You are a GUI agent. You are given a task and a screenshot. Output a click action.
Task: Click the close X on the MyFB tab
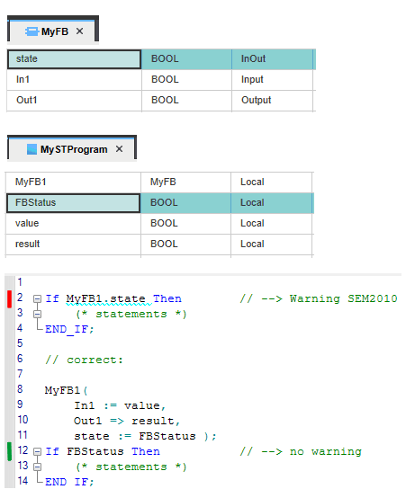79,31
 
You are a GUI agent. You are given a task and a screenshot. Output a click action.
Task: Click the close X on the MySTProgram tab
119,148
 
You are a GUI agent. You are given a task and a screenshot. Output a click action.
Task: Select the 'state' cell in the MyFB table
74,59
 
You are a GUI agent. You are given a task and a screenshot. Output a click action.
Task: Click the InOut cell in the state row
272,59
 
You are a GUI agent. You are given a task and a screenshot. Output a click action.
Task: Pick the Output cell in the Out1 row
272,101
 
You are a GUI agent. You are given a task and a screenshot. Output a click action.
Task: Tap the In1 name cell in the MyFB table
74,79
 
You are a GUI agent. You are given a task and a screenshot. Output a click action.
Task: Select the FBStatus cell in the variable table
73,203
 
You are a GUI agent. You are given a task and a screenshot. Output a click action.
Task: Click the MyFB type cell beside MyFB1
185,182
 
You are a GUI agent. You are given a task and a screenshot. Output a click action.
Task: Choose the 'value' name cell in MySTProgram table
73,223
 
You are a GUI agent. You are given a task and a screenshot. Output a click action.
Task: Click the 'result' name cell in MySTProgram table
73,244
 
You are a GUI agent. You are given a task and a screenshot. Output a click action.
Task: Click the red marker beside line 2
10,299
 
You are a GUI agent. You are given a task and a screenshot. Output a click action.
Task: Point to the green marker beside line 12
10,451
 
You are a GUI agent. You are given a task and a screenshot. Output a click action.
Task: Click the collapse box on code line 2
37,298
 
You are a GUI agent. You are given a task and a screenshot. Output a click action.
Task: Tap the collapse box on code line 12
37,451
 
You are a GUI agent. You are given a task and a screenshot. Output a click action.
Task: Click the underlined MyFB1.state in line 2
105,298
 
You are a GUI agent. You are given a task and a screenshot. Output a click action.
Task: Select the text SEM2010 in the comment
373,298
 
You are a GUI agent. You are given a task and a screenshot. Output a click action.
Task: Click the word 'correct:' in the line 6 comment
95,360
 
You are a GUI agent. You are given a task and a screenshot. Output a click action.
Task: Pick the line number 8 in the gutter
20,389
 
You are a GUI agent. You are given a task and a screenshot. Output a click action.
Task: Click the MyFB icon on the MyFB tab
32,31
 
